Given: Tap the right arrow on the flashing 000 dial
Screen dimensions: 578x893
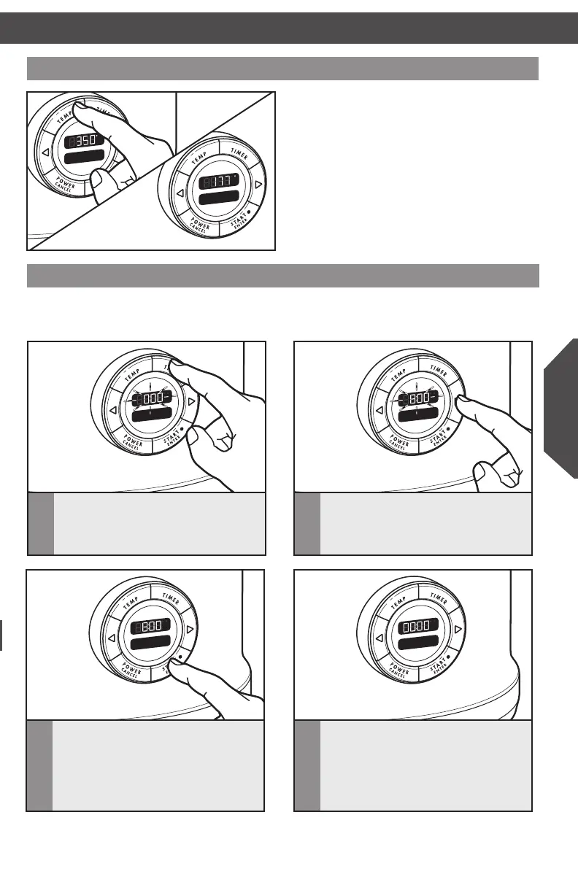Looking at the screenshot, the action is [x=190, y=401].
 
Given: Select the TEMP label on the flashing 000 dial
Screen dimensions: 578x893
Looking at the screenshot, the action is [x=130, y=374].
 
